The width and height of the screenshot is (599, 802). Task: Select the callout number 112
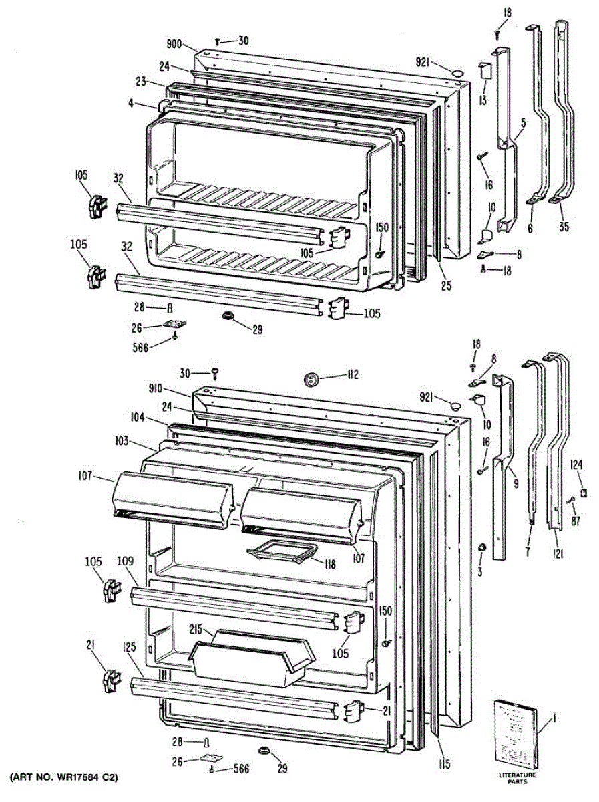tap(353, 375)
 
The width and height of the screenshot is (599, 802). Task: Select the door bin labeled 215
tap(250, 655)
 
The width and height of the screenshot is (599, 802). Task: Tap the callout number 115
tap(445, 765)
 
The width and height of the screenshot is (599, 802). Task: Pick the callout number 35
tap(564, 226)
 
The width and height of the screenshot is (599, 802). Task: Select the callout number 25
tap(446, 285)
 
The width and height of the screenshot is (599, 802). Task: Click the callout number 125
tap(130, 648)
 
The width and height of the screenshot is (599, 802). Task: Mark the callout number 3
tap(479, 572)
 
